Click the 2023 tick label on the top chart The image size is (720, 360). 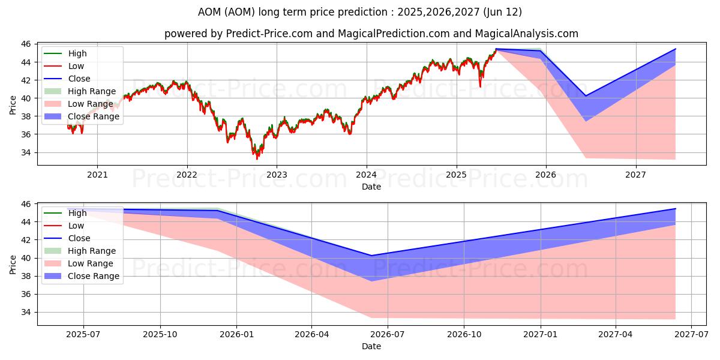click(277, 176)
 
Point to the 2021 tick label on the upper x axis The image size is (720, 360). click(97, 176)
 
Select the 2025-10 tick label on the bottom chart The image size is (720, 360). click(160, 335)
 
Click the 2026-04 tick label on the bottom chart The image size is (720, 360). click(312, 335)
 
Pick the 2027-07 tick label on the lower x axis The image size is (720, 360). click(692, 335)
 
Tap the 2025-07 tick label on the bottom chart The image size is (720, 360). click(83, 335)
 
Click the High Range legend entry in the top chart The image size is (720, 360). click(91, 91)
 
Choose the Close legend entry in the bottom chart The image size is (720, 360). click(79, 238)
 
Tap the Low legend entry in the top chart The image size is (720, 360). click(76, 66)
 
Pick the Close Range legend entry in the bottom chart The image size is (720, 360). click(94, 276)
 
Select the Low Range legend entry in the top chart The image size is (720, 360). click(90, 104)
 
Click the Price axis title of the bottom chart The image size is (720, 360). click(13, 264)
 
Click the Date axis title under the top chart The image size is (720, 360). click(371, 187)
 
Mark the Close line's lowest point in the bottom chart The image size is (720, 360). click(371, 256)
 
